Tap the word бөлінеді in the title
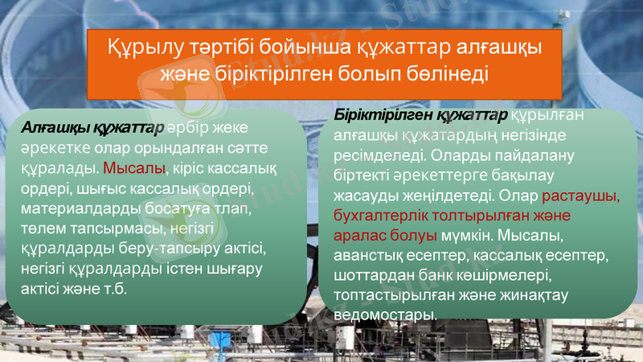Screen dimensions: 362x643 pyautogui.click(x=446, y=73)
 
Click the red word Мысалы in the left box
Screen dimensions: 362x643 pyautogui.click(x=134, y=169)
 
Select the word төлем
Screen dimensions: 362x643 pyautogui.click(x=41, y=229)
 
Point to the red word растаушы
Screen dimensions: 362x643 pyautogui.click(x=581, y=195)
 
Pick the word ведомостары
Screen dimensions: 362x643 pyautogui.click(x=384, y=315)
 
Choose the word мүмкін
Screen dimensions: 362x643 pyautogui.click(x=468, y=237)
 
